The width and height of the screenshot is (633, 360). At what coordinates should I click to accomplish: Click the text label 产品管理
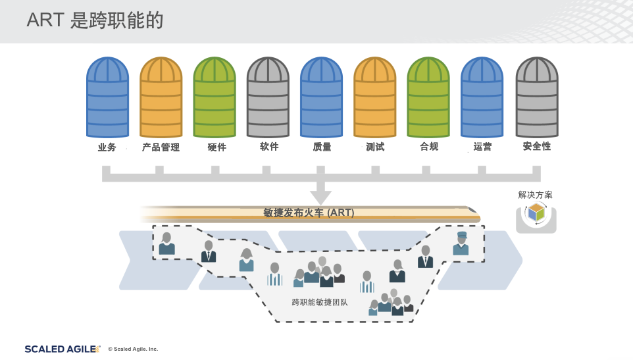tap(161, 147)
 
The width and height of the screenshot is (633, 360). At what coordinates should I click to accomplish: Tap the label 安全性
tap(536, 147)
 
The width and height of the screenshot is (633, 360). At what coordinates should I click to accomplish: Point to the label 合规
tap(428, 147)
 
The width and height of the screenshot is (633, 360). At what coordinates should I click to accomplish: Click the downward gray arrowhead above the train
tap(320, 196)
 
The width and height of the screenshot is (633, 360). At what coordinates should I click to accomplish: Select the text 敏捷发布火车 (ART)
tap(309, 213)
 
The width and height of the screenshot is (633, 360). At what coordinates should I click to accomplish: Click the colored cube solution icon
tap(536, 213)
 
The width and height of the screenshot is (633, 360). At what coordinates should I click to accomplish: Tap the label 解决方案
tap(536, 195)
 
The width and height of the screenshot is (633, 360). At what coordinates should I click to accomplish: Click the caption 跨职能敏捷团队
tap(320, 303)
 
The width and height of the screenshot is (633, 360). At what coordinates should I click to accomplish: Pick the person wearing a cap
tap(461, 244)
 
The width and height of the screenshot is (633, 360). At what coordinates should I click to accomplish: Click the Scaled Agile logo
tap(63, 349)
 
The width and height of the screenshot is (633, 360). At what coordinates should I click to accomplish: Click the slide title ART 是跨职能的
tap(95, 20)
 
